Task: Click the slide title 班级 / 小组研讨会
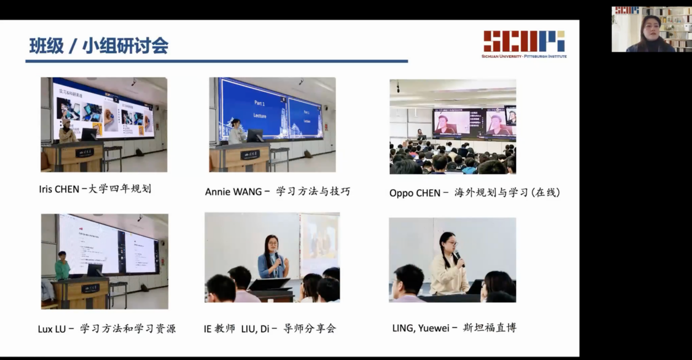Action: [99, 46]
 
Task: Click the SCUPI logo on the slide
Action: [524, 42]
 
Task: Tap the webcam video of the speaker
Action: [650, 29]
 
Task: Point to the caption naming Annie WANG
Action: [277, 191]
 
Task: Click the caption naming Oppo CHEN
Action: [475, 193]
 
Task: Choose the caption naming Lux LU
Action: [107, 329]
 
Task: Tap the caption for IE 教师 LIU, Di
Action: [269, 329]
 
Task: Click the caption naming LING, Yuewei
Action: [454, 328]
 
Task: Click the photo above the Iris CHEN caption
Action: [104, 125]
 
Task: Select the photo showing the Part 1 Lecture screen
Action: [272, 125]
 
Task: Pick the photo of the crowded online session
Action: [453, 126]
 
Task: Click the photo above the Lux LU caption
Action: [104, 261]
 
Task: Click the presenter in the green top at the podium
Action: [62, 266]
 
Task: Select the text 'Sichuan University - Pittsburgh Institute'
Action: [524, 56]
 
